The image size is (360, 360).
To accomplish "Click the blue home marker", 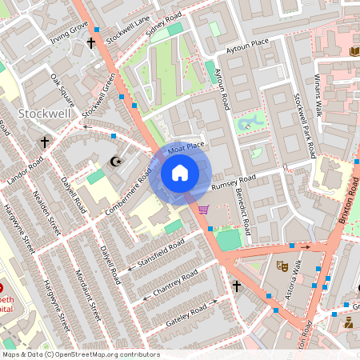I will click(180, 173).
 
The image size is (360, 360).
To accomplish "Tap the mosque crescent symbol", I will click(117, 161).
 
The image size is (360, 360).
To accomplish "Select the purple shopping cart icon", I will click(204, 210).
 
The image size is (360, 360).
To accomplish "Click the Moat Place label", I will click(186, 146).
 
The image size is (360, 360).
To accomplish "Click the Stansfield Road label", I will click(161, 253).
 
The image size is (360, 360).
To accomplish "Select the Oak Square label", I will click(62, 90).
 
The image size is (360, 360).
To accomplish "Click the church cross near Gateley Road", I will click(237, 286).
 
